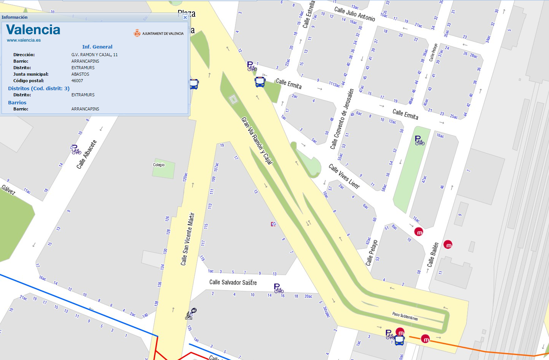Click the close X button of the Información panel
point(185,17)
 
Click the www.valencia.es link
point(24,40)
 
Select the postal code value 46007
point(77,81)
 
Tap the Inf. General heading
point(97,47)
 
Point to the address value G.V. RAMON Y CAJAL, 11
point(94,55)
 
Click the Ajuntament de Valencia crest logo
point(137,33)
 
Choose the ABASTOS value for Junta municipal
point(80,74)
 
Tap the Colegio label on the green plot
point(159,165)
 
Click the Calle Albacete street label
point(86,154)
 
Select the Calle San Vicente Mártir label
point(187,239)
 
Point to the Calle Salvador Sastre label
point(233,282)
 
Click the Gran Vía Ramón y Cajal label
point(257,141)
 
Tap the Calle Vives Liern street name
point(344,176)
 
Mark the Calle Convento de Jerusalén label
point(342,119)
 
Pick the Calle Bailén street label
point(433,255)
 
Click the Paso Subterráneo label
point(405,316)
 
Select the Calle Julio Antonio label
point(354,14)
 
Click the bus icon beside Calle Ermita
point(260,82)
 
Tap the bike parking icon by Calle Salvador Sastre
point(278,288)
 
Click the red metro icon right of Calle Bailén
point(448,245)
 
